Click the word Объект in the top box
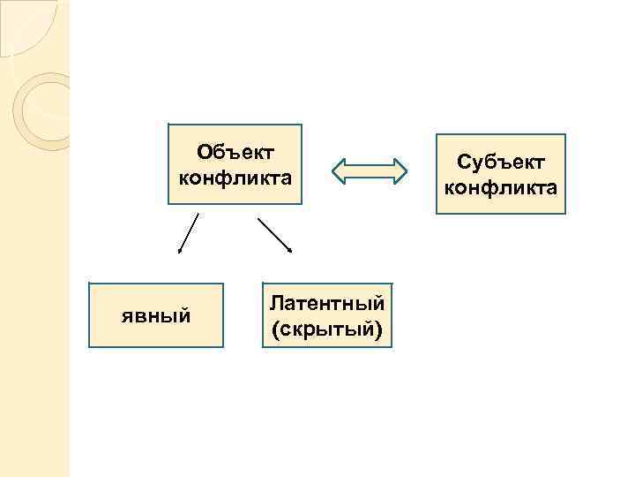235,153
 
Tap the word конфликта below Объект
235,178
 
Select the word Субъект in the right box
501,162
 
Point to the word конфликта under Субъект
501,187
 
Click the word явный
156,315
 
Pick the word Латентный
327,304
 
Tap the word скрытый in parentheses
328,329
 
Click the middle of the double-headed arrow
370,171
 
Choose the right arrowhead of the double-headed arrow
400,171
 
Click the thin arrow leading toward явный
189,231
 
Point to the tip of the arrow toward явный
180,253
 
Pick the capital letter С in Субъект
464,162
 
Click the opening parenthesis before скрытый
277,330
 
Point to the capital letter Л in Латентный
277,304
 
